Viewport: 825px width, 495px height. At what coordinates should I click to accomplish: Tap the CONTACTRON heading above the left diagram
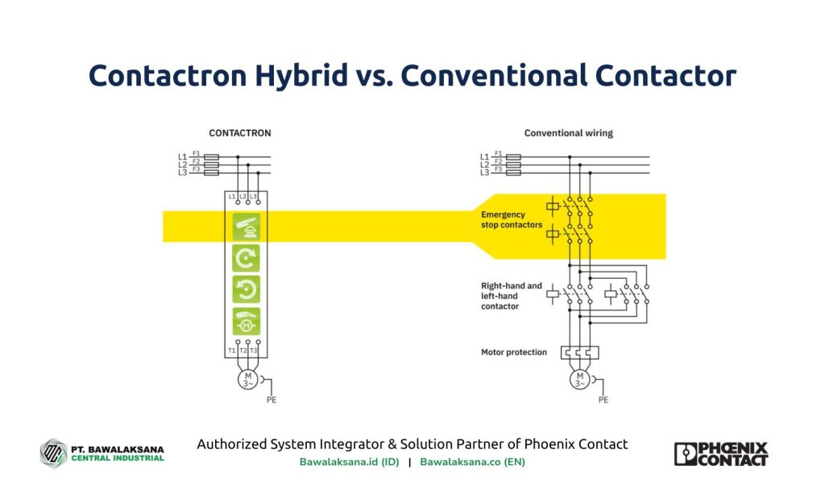point(240,133)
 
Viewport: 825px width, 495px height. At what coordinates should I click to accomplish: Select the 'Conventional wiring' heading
point(568,133)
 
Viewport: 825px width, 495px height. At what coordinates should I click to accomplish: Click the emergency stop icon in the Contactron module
point(246,227)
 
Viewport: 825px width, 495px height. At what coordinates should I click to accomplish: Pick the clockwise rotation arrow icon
point(246,258)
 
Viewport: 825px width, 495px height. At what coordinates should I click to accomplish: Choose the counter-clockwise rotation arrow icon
point(246,289)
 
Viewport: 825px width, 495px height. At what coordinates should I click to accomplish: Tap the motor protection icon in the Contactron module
point(246,321)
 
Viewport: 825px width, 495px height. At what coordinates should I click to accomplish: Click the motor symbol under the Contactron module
point(247,379)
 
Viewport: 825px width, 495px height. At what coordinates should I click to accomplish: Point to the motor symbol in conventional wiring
point(578,379)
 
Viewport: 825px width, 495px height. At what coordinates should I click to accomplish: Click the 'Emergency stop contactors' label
point(511,220)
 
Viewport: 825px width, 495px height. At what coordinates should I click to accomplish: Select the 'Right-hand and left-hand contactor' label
point(511,296)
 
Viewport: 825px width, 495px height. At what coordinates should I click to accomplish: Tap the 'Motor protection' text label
point(513,352)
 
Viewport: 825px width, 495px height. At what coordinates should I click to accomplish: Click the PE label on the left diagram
point(272,399)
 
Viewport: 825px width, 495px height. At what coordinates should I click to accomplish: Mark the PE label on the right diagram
point(603,399)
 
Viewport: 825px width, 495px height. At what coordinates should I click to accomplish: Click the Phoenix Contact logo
point(720,453)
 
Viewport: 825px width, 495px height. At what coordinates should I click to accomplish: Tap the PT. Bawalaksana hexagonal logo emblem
point(53,452)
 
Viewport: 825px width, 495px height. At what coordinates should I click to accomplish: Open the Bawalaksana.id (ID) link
point(349,462)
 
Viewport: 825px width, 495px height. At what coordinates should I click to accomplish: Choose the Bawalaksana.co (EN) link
point(472,462)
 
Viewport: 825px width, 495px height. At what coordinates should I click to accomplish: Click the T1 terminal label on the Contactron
point(232,351)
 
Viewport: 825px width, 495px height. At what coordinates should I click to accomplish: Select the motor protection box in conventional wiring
point(580,352)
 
